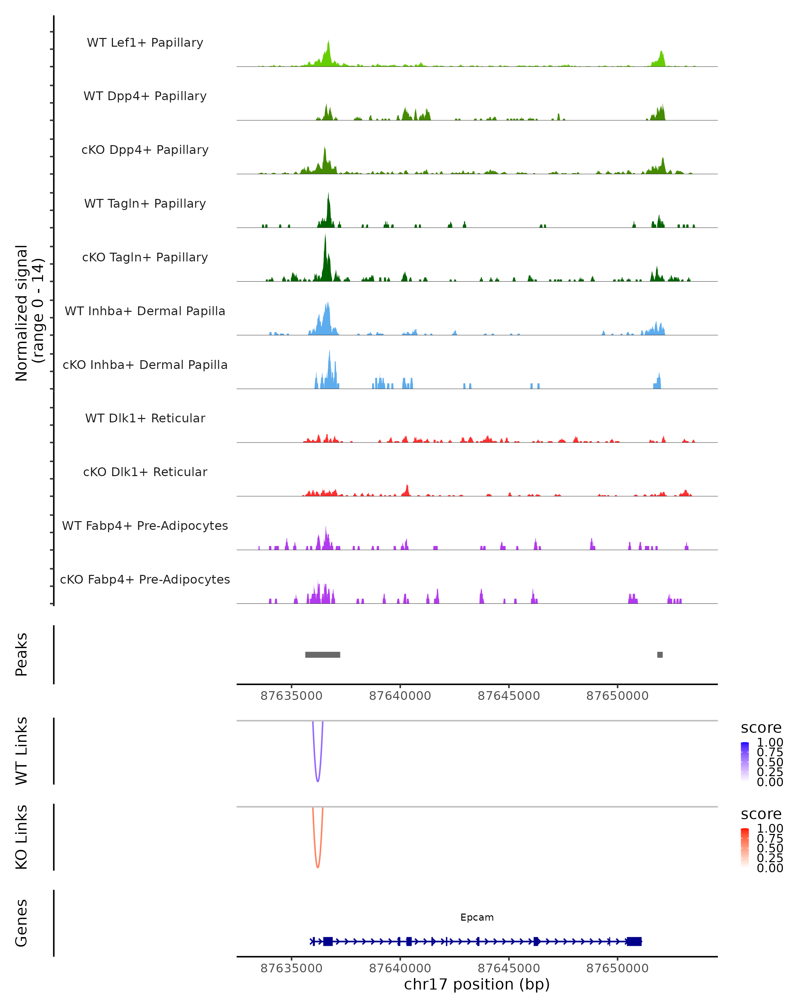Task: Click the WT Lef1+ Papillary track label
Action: tap(145, 43)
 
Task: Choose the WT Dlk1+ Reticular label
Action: tap(145, 418)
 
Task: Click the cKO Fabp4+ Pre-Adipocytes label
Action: tap(145, 579)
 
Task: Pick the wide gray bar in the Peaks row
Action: tap(322, 655)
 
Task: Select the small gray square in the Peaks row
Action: tap(660, 655)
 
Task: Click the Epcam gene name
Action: tap(477, 917)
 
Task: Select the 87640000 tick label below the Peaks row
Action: tap(400, 696)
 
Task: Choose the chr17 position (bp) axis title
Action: tap(477, 984)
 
